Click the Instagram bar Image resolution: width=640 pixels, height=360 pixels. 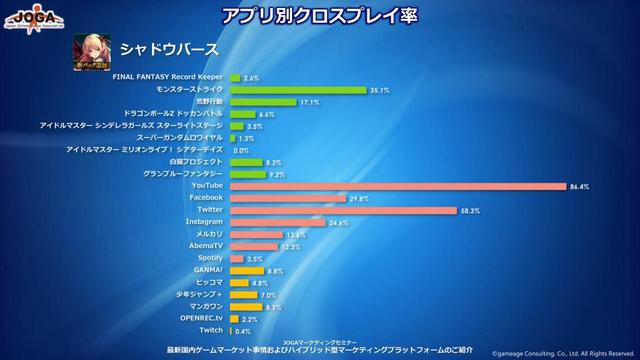tap(277, 222)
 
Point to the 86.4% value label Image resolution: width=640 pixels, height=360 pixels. tap(579, 186)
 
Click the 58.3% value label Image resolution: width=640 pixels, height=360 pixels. tap(469, 210)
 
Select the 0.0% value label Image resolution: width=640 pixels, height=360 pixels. tap(241, 150)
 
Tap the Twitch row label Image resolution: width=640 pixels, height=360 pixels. tap(211, 329)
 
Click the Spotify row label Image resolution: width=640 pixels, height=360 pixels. tap(209, 258)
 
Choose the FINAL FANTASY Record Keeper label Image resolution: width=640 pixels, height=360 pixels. tap(167, 77)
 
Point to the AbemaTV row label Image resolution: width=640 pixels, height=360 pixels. tap(205, 246)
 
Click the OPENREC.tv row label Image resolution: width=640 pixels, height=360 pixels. tap(201, 317)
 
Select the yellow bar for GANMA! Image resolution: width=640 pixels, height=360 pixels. tap(247, 270)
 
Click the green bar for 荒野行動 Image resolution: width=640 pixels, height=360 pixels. tap(263, 102)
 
